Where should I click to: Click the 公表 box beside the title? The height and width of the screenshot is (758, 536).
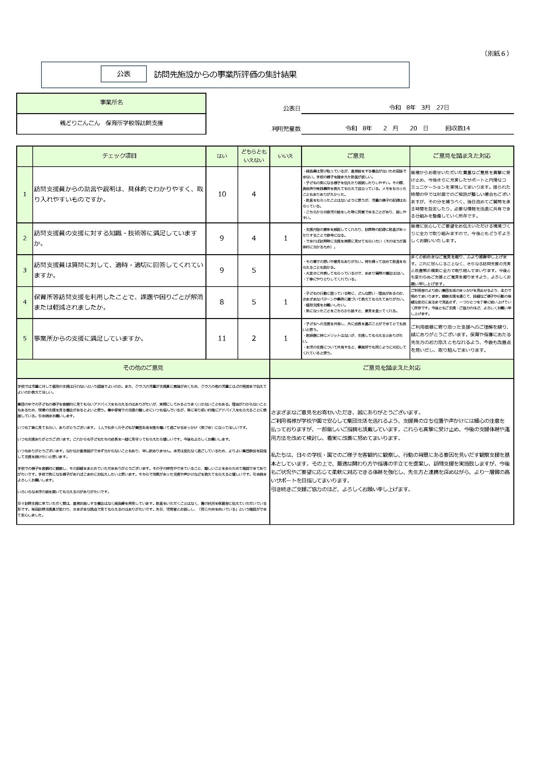[123, 74]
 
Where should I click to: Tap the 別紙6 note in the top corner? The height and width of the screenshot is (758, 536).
[497, 53]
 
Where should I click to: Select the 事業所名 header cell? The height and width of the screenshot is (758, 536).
[111, 103]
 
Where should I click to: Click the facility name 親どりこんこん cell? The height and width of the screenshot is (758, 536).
[111, 123]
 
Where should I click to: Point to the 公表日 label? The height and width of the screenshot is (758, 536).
[291, 109]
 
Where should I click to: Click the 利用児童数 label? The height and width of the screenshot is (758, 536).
[286, 129]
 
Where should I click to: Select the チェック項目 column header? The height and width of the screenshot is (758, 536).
[119, 156]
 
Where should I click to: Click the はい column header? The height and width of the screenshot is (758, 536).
[222, 156]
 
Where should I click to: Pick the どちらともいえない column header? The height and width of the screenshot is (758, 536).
[253, 156]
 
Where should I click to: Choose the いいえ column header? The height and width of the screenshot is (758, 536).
[285, 156]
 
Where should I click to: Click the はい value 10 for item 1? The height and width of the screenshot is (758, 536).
[222, 194]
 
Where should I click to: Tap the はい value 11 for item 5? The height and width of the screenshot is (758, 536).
[222, 338]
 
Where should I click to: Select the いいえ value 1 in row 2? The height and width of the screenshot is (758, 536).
[285, 238]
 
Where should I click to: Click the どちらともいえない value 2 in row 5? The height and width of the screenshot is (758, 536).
[253, 338]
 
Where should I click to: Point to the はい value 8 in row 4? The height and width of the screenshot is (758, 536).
[222, 302]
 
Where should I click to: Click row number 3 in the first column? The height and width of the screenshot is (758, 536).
[25, 270]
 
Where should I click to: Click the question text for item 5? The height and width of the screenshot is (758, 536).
[89, 338]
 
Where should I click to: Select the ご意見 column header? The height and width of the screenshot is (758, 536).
[355, 156]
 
